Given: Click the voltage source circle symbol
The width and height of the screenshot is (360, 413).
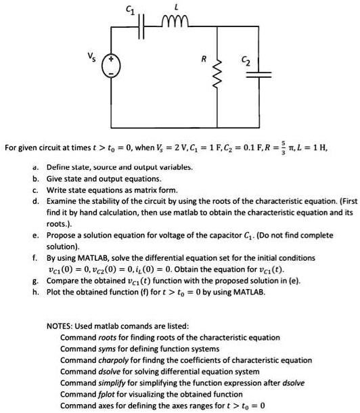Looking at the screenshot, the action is (112, 66).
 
